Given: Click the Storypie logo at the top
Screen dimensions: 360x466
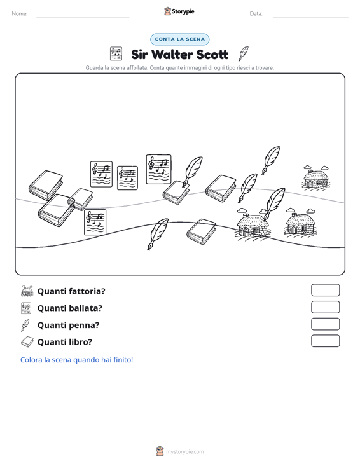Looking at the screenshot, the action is coord(179,11).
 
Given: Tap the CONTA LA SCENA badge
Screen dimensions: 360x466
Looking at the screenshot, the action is coord(179,39).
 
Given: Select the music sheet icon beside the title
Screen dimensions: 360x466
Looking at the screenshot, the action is coord(116,54).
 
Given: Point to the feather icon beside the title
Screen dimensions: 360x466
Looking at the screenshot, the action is coord(244,53).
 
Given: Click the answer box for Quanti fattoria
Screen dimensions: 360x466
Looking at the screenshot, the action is coord(325,290).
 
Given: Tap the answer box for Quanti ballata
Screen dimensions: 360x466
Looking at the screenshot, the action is coord(325,307).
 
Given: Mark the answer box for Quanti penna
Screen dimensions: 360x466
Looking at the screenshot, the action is coord(325,324).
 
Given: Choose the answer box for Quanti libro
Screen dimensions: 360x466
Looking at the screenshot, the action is coord(325,341).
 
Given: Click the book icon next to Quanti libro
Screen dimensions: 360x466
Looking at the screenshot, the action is coord(27,342).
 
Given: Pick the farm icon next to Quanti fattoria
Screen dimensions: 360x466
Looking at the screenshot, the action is coord(27,291).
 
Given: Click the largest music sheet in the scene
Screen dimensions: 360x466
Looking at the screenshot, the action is coord(158,169).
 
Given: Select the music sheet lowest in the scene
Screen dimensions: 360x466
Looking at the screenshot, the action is coord(95,223).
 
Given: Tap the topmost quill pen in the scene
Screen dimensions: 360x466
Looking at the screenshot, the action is coord(271,160).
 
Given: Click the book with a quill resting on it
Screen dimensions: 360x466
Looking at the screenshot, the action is coord(176,192).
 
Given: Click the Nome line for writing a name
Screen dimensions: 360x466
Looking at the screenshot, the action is coord(83,17).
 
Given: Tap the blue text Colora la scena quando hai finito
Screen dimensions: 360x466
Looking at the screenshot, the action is coord(77,360).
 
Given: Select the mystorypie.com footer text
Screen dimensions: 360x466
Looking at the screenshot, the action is coord(185,452).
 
